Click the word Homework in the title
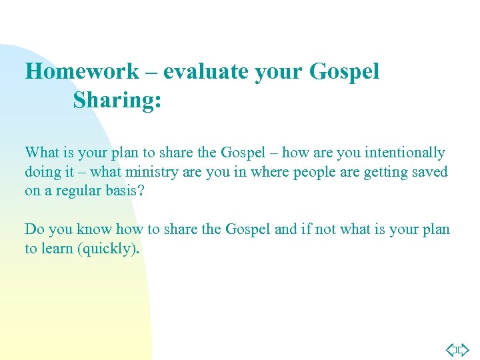point(82,72)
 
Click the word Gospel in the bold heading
point(344,72)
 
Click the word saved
point(430,172)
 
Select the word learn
point(59,249)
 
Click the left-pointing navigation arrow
point(451,349)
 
